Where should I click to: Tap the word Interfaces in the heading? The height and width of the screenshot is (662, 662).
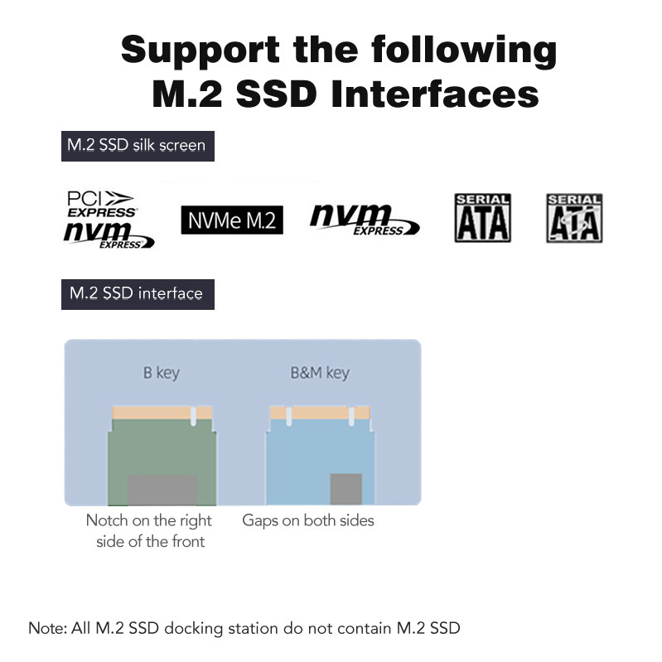[435, 94]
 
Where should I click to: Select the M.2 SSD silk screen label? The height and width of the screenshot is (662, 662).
[138, 146]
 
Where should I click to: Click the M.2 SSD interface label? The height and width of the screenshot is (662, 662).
[138, 294]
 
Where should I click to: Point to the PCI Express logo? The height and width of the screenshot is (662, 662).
[102, 205]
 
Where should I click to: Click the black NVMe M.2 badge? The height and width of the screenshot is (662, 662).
[232, 220]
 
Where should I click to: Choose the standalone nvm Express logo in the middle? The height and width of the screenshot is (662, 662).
[365, 220]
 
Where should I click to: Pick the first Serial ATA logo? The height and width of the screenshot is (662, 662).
[482, 218]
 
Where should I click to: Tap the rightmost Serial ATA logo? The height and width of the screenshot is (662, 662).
[574, 218]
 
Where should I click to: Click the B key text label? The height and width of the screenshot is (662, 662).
[162, 373]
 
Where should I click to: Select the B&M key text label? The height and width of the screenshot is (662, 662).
[320, 373]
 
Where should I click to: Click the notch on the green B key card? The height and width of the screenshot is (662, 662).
[193, 416]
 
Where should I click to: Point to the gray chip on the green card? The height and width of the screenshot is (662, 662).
[162, 490]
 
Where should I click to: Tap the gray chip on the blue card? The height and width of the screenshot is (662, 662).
[345, 489]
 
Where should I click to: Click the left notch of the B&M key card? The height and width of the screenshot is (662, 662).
[289, 416]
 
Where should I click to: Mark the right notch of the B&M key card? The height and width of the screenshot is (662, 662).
[351, 416]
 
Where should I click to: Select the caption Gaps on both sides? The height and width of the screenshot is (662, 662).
[308, 520]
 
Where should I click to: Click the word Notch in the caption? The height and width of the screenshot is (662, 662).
[107, 520]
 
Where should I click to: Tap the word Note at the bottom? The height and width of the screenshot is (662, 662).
[47, 628]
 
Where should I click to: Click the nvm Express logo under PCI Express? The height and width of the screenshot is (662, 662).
[109, 234]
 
